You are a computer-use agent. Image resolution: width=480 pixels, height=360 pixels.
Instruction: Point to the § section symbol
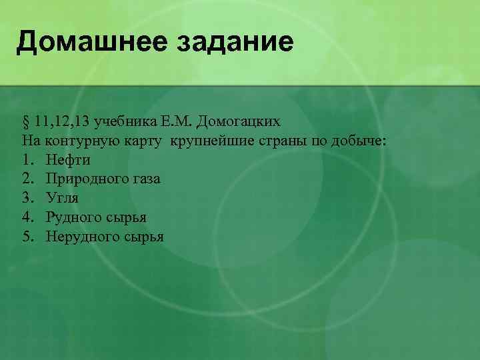[x=26, y=122]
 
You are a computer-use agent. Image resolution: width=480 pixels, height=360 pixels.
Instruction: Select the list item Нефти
[x=68, y=160]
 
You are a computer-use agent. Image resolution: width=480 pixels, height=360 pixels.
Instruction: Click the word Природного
[x=85, y=179]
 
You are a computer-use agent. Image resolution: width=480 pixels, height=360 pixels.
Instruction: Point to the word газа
[x=143, y=179]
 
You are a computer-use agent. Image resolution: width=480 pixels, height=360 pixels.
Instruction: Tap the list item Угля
[x=62, y=198]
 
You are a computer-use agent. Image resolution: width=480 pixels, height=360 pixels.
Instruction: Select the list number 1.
[x=27, y=160]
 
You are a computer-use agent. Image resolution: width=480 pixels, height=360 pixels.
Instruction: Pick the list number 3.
[x=27, y=198]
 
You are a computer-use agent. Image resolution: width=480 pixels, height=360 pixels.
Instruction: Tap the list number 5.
[x=27, y=237]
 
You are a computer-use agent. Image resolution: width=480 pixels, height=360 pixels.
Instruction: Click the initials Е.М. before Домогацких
[x=175, y=122]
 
